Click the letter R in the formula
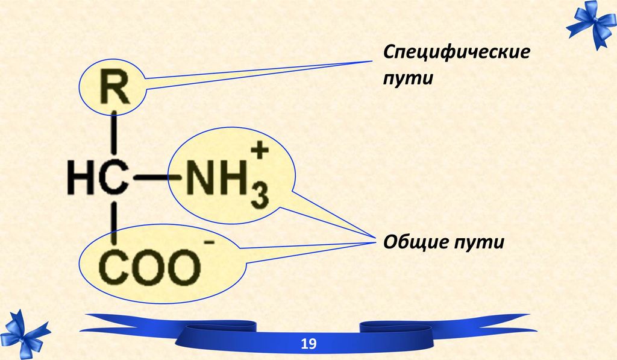pos(114,86)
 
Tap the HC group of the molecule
pos(98,178)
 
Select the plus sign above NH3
pos(260,151)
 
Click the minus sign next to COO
pos(210,242)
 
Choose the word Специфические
pos(457,52)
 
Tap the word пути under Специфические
pos(408,78)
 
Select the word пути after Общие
pos(479,242)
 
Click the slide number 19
pos(308,344)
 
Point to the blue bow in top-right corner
pos(590,24)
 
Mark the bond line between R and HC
pos(114,132)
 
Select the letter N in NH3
pos(200,178)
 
